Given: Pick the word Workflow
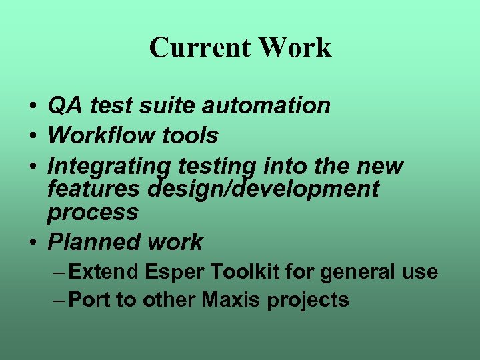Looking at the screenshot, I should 101,135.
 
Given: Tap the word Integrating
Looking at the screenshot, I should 110,165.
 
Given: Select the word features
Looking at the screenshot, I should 94,189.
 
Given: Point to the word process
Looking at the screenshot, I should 93,213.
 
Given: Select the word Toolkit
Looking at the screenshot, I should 246,272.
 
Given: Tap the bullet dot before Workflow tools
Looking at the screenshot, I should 33,137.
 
